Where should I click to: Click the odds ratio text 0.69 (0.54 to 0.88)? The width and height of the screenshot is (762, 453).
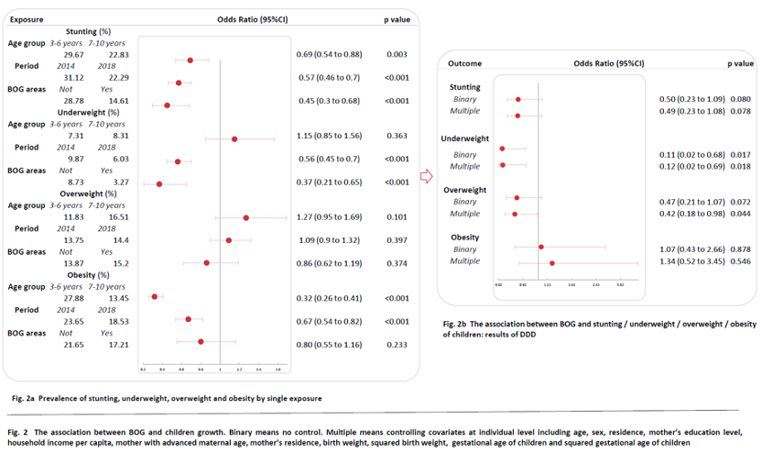click(x=328, y=55)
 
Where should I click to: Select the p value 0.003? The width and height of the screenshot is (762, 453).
click(x=396, y=55)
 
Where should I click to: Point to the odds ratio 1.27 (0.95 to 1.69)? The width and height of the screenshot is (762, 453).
click(x=329, y=217)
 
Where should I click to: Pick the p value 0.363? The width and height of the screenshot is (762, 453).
click(x=396, y=135)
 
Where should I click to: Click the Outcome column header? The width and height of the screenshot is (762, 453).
click(x=465, y=64)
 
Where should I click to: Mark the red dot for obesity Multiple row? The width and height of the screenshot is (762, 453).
click(x=552, y=262)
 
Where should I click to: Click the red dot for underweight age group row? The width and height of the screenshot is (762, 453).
click(x=234, y=139)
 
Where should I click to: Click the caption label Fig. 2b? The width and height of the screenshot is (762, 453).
click(x=456, y=325)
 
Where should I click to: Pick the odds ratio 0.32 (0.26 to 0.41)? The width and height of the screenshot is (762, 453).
click(x=329, y=297)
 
